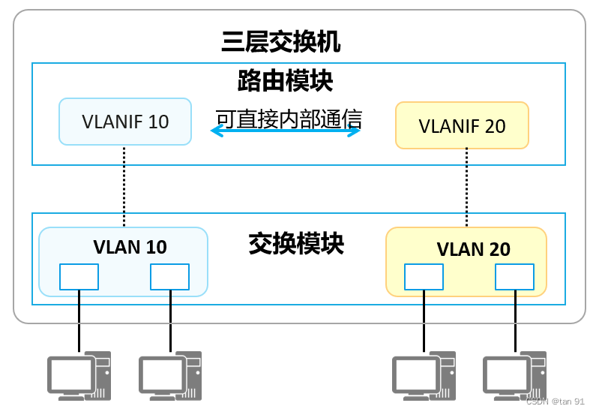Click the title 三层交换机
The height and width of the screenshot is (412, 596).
281,41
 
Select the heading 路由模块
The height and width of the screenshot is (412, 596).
285,81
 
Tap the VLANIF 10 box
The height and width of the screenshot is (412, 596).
125,122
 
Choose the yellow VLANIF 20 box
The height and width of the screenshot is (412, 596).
462,125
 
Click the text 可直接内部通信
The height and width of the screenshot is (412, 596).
289,119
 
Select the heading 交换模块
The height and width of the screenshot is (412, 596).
296,243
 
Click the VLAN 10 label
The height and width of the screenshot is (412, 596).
130,246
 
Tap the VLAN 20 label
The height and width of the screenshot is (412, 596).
473,249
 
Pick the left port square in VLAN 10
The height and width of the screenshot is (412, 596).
79,276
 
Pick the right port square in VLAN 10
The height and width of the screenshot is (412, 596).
170,276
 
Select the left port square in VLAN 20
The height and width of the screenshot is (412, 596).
424,276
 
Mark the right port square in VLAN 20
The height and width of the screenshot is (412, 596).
514,276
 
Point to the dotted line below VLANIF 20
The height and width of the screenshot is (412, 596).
467,188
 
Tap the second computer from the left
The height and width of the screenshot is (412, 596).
170,375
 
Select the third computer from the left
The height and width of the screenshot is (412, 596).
424,375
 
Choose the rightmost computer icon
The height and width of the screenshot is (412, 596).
514,375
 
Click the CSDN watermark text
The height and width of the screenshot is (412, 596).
555,401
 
